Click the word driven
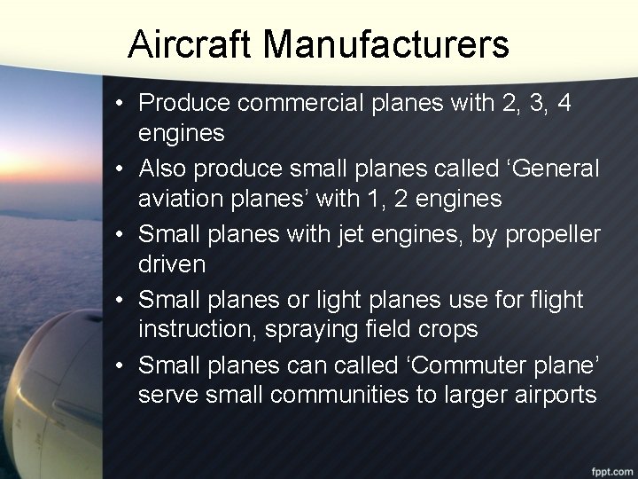point(171,265)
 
